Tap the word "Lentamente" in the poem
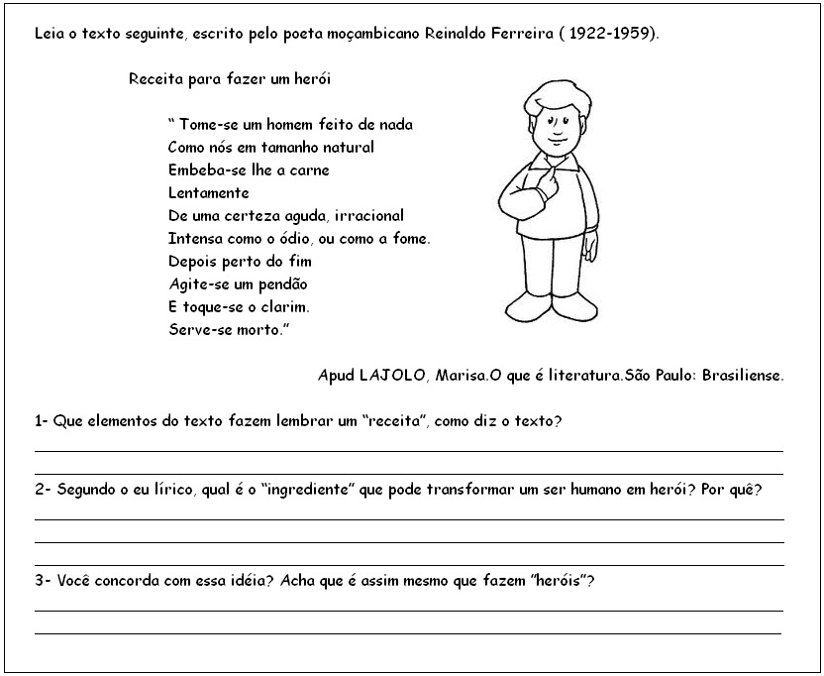click(x=208, y=193)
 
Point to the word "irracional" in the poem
click(x=368, y=216)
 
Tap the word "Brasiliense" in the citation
click(x=742, y=376)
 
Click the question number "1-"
click(x=41, y=421)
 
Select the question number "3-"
click(x=42, y=581)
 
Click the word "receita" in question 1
click(x=393, y=421)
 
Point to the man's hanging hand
click(x=590, y=247)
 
